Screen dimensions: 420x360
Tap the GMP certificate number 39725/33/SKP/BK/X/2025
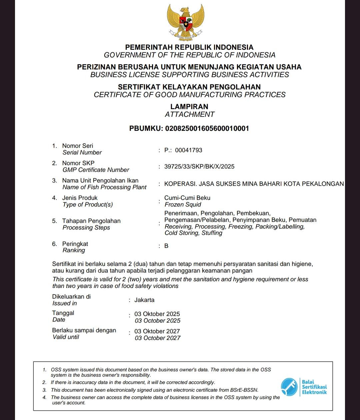point(199,166)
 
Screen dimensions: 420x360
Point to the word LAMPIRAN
point(189,107)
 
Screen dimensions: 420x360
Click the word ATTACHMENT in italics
point(189,114)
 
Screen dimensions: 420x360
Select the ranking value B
point(166,246)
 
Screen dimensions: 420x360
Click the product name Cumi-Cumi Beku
point(187,198)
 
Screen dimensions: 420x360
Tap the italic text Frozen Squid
point(183,204)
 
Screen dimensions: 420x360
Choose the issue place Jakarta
point(144,300)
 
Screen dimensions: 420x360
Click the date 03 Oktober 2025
point(157,314)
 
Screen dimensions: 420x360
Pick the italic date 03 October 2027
point(157,338)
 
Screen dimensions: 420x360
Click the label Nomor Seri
point(78,146)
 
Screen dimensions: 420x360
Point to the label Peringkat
point(75,244)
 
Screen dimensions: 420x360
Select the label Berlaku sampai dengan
point(84,330)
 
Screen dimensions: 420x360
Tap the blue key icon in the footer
point(289,387)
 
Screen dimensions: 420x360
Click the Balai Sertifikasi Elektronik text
point(314,387)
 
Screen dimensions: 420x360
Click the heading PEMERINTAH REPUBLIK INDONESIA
point(189,47)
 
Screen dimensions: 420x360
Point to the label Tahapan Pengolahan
point(91,221)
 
